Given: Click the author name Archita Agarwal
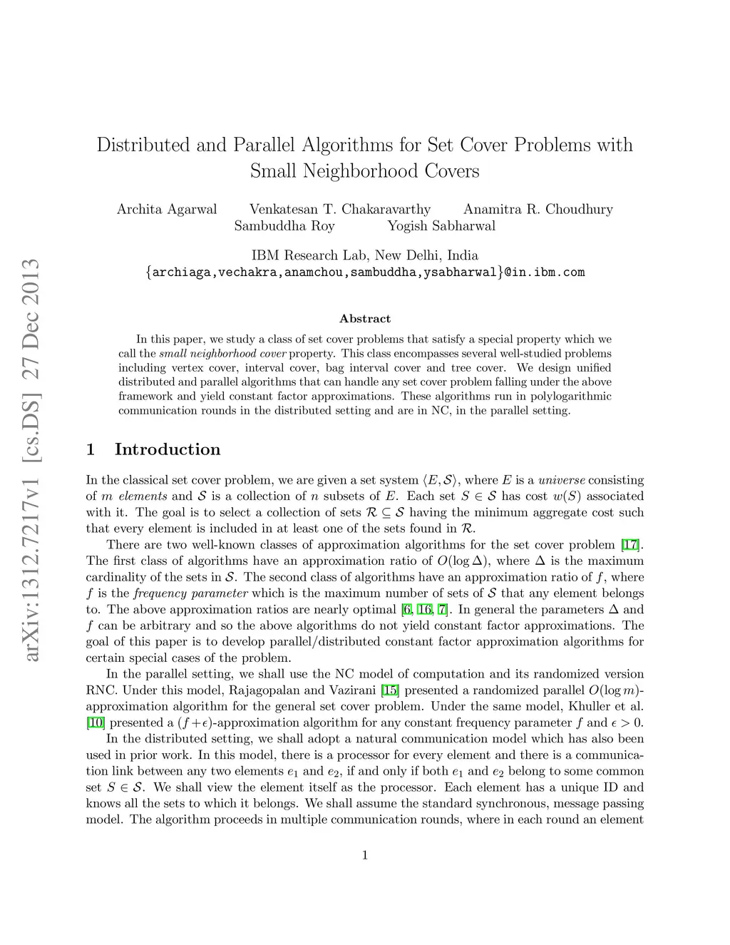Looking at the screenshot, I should point(167,209).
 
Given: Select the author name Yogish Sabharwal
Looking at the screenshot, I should point(441,226).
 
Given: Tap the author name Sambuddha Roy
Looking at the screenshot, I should point(284,226).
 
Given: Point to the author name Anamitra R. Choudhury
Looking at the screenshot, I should point(538,209).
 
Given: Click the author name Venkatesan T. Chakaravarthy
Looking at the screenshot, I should point(340,209).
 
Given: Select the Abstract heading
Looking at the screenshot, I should point(365,319).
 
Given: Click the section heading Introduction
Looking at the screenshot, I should point(168,449).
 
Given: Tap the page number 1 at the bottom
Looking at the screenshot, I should point(365,855).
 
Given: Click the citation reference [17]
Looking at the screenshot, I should point(630,545).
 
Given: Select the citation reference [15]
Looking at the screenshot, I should point(391,690).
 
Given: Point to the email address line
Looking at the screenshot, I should point(365,272).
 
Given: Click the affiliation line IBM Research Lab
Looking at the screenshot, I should point(365,255).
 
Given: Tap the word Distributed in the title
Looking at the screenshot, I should point(143,145).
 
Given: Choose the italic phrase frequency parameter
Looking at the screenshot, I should point(190,593).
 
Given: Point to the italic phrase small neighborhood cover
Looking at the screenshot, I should point(222,353).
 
